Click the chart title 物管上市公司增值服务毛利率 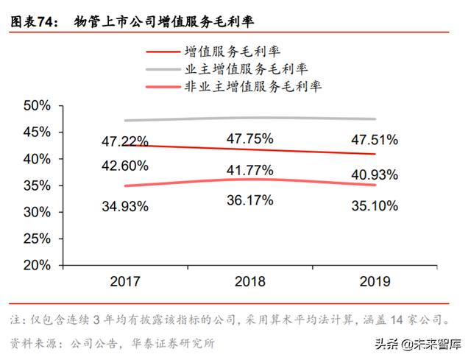click(x=163, y=23)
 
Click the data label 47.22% click(x=125, y=141)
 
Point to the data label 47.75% click(x=250, y=138)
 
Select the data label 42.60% click(x=125, y=165)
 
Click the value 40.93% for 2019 click(x=375, y=175)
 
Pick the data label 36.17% click(x=250, y=200)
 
